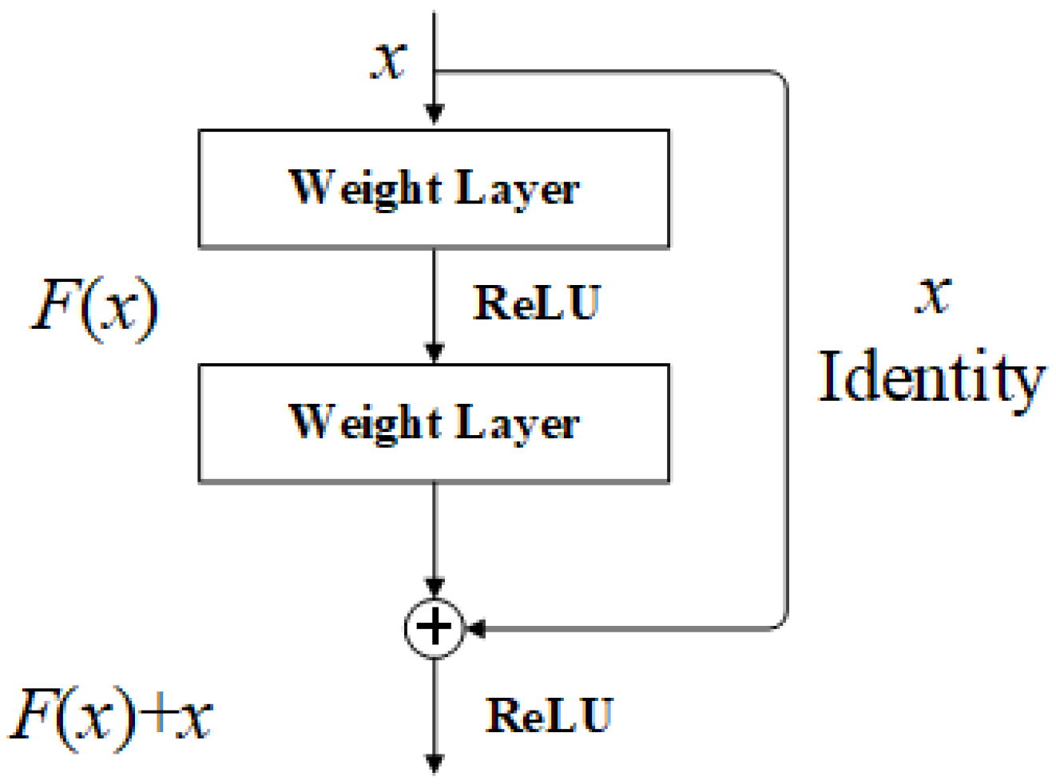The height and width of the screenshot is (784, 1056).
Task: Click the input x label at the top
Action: point(389,60)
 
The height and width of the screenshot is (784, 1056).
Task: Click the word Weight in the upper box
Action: point(364,188)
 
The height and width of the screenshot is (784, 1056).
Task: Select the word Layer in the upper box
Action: point(517,189)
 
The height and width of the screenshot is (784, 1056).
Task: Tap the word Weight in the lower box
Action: point(364,422)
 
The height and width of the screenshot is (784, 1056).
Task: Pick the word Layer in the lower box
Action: point(517,423)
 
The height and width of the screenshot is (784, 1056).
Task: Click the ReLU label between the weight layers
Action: point(536,303)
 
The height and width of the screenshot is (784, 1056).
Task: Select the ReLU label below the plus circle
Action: point(549,715)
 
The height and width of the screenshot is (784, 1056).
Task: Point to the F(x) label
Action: point(95,308)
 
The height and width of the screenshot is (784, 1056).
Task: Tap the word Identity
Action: point(931,378)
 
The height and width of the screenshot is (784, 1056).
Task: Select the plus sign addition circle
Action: point(435,628)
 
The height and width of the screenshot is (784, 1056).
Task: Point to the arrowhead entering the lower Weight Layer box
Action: point(434,352)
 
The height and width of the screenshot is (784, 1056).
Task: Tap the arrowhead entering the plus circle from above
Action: point(434,588)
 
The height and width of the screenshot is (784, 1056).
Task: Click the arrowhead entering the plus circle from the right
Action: point(476,629)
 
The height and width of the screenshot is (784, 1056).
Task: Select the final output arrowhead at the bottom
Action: point(434,764)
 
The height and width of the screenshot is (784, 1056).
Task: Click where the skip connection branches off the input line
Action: point(435,73)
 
